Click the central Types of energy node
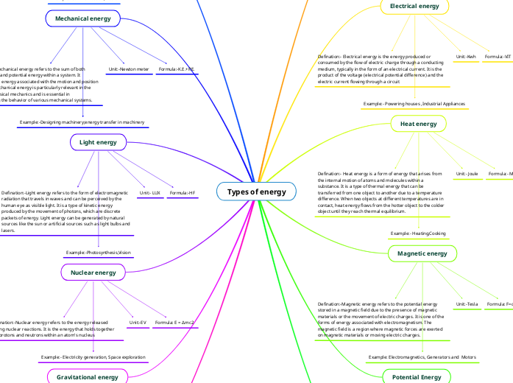[256, 192]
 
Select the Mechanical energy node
[82, 18]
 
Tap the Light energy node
[98, 141]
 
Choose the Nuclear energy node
[93, 273]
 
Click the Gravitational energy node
[88, 377]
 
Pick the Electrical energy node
[414, 7]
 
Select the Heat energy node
[418, 124]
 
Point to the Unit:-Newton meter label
[129, 69]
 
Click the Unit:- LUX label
[150, 193]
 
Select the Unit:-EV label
[138, 323]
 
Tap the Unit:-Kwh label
[465, 57]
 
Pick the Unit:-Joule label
[467, 174]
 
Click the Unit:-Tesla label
[467, 303]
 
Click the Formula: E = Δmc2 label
[174, 323]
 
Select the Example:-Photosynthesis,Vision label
[99, 253]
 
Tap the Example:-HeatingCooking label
[418, 233]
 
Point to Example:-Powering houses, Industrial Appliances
[414, 104]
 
